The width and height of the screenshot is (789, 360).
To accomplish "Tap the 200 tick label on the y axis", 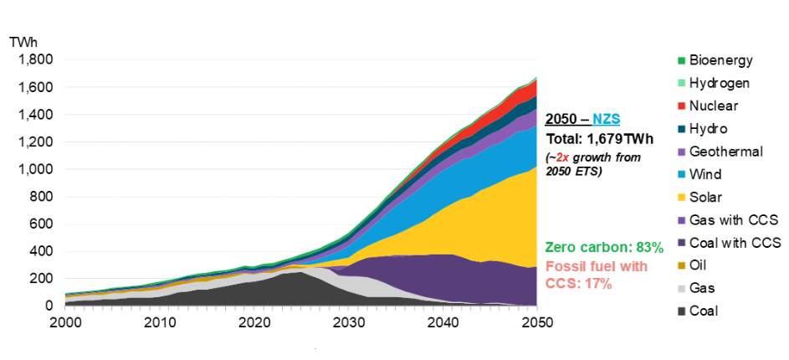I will click(x=42, y=279).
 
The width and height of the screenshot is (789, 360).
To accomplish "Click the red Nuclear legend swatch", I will click(x=682, y=106).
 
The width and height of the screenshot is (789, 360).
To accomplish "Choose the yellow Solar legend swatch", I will click(x=682, y=198).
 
